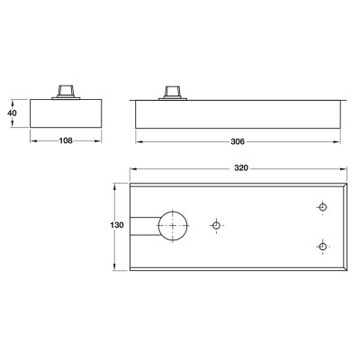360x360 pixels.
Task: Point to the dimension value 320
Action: [x=238, y=167]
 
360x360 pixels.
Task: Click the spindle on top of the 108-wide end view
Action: [x=66, y=91]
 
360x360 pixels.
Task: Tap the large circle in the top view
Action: [x=172, y=225]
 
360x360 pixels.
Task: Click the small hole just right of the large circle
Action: [x=216, y=225]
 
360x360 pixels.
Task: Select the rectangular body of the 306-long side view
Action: [x=238, y=114]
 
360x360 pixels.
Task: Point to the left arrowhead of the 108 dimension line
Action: [x=33, y=141]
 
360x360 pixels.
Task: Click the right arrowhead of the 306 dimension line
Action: [x=337, y=141]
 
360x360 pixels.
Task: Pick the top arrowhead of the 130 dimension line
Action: [x=116, y=184]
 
